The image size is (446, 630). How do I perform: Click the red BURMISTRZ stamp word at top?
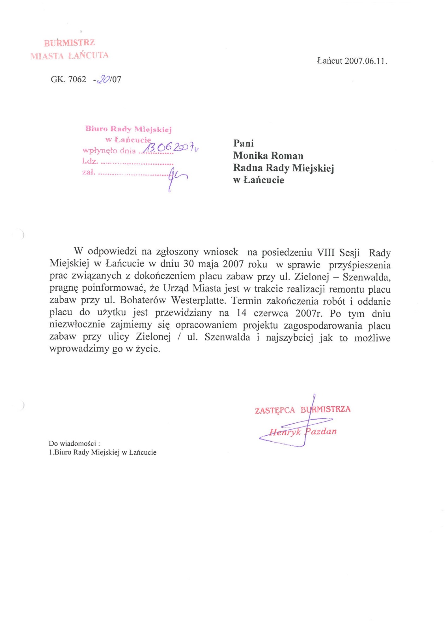[x=69, y=43]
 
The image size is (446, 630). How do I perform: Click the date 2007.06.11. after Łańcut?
[x=366, y=61]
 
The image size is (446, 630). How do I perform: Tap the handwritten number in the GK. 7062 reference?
[x=104, y=79]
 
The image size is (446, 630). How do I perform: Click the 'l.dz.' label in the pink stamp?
[x=90, y=161]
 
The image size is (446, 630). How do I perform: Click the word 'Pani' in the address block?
[x=244, y=143]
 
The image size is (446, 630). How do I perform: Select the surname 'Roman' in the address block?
[x=288, y=156]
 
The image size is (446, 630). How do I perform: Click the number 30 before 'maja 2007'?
[x=189, y=264]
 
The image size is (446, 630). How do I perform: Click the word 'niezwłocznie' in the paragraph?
[x=77, y=325]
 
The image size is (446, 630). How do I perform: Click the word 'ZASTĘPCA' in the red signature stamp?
[x=275, y=410]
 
